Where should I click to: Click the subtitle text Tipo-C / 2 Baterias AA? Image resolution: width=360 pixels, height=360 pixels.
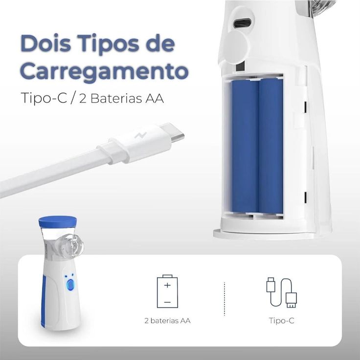pyautogui.click(x=93, y=98)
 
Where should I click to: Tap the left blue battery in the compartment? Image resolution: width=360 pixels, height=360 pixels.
pyautogui.click(x=245, y=147)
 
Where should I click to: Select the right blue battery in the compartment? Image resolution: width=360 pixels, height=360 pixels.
pyautogui.click(x=271, y=147)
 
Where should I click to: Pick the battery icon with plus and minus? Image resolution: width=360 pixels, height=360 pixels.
pyautogui.click(x=167, y=292)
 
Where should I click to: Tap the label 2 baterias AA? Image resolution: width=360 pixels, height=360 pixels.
pyautogui.click(x=167, y=321)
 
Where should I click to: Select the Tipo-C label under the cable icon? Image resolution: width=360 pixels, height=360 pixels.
pyautogui.click(x=281, y=321)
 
